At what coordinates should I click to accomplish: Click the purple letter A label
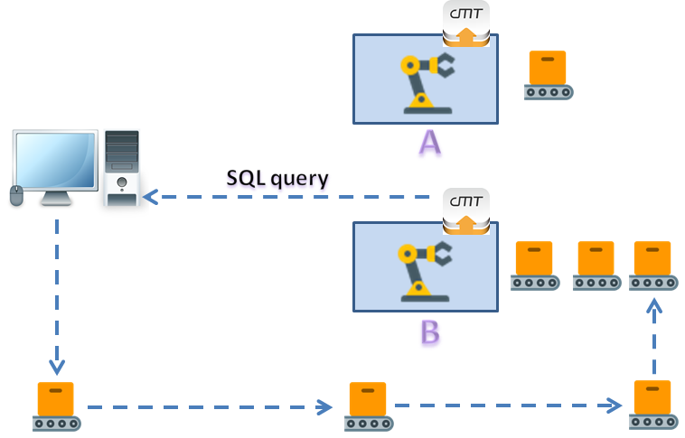(x=430, y=143)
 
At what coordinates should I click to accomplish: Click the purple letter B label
(x=430, y=331)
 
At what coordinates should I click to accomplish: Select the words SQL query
(x=277, y=178)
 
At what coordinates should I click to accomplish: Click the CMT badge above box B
(x=466, y=210)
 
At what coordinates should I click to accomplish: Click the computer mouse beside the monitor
(x=15, y=195)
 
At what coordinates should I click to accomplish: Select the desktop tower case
(x=122, y=167)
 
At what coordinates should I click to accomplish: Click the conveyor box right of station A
(x=548, y=74)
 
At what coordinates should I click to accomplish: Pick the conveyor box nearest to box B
(x=534, y=266)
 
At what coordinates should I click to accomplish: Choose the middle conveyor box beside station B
(x=595, y=266)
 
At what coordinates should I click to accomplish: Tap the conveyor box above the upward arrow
(x=654, y=266)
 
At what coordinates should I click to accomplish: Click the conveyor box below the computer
(x=56, y=406)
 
